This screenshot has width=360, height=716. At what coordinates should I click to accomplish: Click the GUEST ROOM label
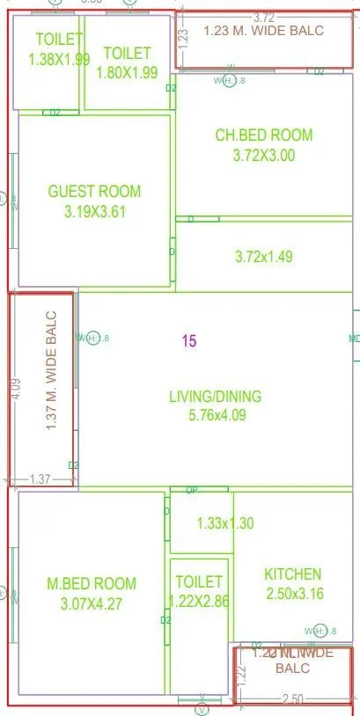(x=94, y=192)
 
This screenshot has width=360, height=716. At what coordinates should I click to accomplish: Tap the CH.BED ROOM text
(x=264, y=135)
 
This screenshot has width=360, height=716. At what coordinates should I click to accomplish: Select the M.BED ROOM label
(x=92, y=583)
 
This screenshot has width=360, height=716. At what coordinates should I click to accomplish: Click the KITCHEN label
(x=293, y=574)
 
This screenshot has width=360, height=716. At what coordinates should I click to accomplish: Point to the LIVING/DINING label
(x=215, y=397)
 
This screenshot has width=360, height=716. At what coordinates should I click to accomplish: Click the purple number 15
(x=189, y=340)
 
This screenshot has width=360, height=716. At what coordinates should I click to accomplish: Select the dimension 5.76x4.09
(x=215, y=416)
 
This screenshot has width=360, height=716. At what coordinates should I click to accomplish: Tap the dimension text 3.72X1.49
(x=264, y=257)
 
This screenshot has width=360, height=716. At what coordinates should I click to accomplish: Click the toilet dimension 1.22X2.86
(x=199, y=601)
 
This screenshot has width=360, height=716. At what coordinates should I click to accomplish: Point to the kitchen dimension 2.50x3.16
(x=295, y=594)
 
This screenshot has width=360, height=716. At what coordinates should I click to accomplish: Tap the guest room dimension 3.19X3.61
(x=95, y=212)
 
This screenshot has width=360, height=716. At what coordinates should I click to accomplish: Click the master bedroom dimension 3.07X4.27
(x=92, y=603)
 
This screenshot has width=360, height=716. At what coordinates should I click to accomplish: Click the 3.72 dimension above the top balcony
(x=263, y=18)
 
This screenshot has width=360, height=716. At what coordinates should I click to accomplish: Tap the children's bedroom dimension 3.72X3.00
(x=264, y=156)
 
